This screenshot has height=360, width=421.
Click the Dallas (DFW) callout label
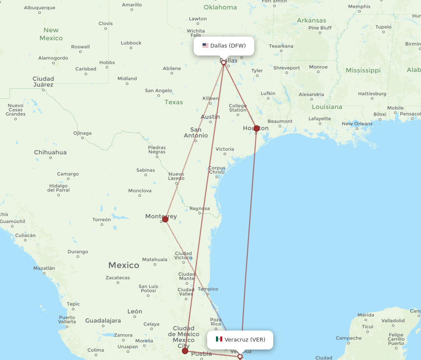pos(224,45)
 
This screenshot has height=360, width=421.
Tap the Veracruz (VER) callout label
pos(240,339)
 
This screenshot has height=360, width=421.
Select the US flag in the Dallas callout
pos(205,45)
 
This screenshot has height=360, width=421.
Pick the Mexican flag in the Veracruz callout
pos(219,339)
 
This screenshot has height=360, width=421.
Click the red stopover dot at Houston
pos(257,128)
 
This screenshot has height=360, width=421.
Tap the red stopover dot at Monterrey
pos(165,219)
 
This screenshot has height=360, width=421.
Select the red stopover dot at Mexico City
pos(185,351)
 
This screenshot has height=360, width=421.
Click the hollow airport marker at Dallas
pos(224,63)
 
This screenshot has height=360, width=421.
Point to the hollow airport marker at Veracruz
pos(240,356)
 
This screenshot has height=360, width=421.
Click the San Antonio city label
pos(196,132)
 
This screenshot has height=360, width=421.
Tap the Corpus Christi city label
pos(217,170)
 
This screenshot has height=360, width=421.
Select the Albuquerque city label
pos(40,8)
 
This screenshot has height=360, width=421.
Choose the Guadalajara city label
pos(103,320)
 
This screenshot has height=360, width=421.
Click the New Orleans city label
pos(357,124)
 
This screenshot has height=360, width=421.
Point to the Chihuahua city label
pos(50,152)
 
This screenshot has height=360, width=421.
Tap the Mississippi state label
pos(363,70)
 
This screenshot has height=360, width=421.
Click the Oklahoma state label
pos(220,7)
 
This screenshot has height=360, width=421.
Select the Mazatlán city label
pos(44,268)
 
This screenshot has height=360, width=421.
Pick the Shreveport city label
pos(287,68)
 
